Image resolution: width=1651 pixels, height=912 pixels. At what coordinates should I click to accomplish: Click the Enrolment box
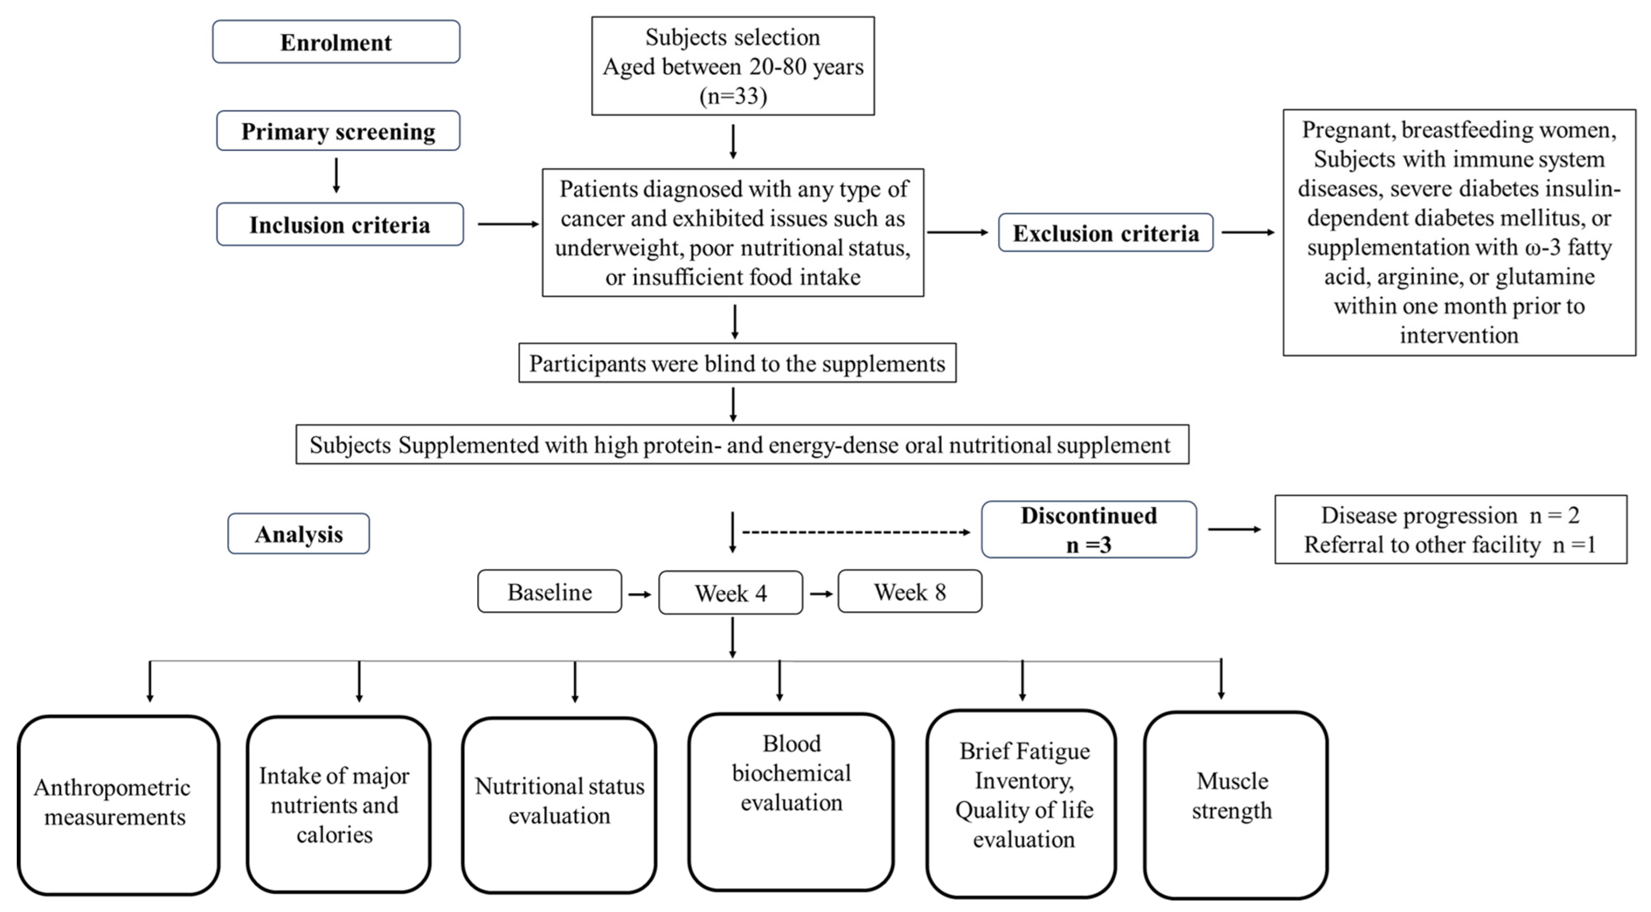tap(336, 42)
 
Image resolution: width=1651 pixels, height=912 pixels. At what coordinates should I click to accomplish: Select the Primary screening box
tap(338, 131)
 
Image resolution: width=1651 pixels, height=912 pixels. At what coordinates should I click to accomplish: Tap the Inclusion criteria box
tap(340, 224)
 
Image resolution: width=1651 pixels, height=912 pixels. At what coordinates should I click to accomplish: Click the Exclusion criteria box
tap(1105, 232)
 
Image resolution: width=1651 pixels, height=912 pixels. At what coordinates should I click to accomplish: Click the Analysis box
tap(299, 533)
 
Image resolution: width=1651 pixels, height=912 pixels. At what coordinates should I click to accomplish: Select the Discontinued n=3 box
tap(1088, 529)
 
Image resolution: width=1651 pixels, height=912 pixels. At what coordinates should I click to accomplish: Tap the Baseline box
tap(549, 592)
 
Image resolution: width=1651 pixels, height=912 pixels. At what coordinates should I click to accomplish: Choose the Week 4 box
tap(731, 593)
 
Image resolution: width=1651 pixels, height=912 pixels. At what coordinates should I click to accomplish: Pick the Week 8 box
tap(910, 592)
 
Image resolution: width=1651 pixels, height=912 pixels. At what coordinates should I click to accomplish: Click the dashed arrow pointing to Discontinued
tap(856, 532)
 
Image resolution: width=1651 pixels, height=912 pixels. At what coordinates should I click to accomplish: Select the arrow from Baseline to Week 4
tap(640, 594)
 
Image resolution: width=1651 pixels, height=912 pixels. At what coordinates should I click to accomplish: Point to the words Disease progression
tap(1419, 515)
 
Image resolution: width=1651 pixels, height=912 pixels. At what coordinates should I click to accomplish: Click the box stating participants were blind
tap(737, 363)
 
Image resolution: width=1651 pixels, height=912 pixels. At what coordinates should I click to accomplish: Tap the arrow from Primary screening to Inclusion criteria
tap(336, 175)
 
